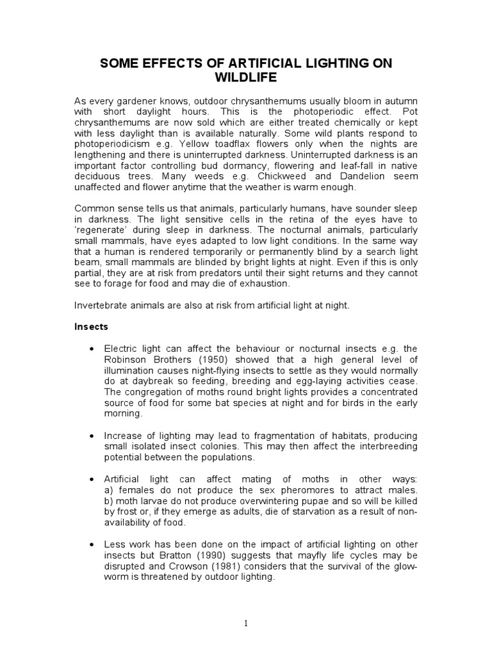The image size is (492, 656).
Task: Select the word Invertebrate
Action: (x=102, y=306)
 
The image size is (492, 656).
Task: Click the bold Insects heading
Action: (x=92, y=327)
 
